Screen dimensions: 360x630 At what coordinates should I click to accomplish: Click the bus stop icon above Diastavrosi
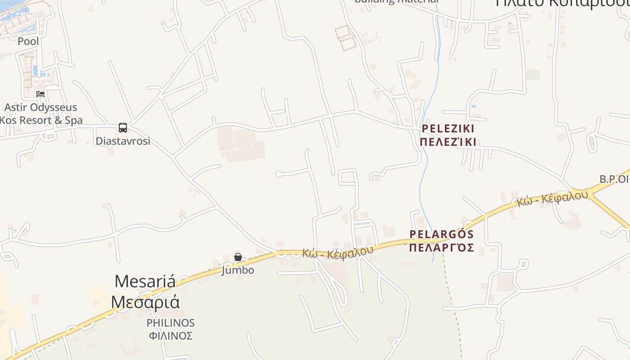click(x=123, y=127)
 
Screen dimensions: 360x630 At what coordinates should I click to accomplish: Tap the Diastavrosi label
click(x=123, y=141)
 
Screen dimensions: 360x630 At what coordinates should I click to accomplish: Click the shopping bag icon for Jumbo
click(x=238, y=257)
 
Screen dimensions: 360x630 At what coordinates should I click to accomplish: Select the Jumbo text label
click(x=238, y=270)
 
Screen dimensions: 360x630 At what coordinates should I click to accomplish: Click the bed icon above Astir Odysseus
click(x=40, y=94)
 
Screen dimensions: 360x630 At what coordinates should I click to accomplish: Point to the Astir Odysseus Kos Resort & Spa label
click(x=40, y=114)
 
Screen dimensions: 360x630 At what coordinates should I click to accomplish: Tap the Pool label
click(x=28, y=41)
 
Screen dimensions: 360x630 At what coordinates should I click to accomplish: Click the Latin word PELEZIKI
click(x=448, y=129)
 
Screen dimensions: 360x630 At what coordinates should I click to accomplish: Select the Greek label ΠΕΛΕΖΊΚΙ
click(x=448, y=142)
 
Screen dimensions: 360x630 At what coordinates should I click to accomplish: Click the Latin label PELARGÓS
click(x=441, y=234)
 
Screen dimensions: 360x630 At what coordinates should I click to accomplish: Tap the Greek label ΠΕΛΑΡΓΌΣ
click(x=441, y=247)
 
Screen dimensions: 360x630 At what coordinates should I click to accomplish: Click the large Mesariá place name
click(x=145, y=282)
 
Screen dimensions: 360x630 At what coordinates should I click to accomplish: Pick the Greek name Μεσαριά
click(x=145, y=301)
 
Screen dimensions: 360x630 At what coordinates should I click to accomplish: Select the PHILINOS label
click(x=171, y=323)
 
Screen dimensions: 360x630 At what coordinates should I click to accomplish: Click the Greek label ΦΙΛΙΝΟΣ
click(x=171, y=336)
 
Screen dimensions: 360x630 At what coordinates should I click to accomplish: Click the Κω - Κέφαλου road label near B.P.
click(x=553, y=198)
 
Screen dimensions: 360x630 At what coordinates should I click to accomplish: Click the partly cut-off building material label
click(x=396, y=2)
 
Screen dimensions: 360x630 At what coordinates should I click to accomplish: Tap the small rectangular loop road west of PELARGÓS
click(x=347, y=177)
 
